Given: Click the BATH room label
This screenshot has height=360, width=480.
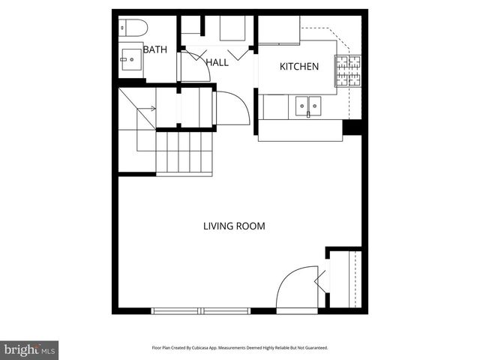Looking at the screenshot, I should tap(155, 50).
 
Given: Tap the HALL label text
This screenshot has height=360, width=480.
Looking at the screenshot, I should tap(217, 63).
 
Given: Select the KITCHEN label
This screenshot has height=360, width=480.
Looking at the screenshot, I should tap(299, 67).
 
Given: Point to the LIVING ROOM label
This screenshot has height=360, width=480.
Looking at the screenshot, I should tap(235, 226).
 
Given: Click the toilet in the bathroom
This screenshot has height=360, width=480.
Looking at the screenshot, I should tap(133, 28).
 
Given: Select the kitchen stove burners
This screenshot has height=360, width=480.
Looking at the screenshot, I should tap(348, 70).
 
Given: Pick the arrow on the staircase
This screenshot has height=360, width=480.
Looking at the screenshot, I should tap(147, 109).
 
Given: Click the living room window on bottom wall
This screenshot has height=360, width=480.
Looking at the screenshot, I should tap(201, 310).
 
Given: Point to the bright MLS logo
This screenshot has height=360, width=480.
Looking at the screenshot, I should tap(29, 349).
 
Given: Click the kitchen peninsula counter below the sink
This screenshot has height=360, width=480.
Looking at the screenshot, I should tap(300, 132).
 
